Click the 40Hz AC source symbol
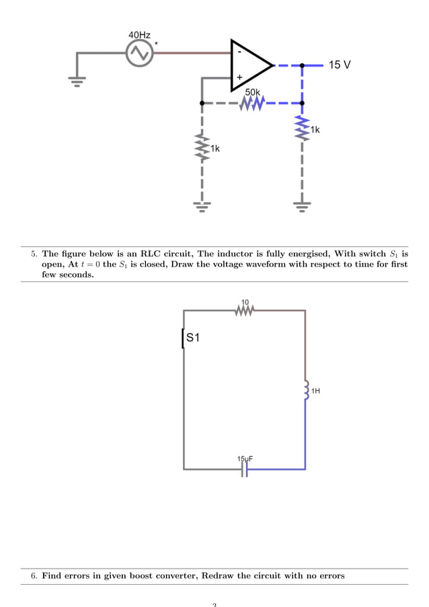(140, 53)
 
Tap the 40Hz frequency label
(139, 34)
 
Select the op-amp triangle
(249, 65)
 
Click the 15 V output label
(340, 65)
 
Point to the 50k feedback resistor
(253, 104)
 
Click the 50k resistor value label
(253, 92)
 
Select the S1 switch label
(194, 338)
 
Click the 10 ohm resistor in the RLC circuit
(245, 310)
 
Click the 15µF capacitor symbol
(245, 470)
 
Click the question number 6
(34, 576)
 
